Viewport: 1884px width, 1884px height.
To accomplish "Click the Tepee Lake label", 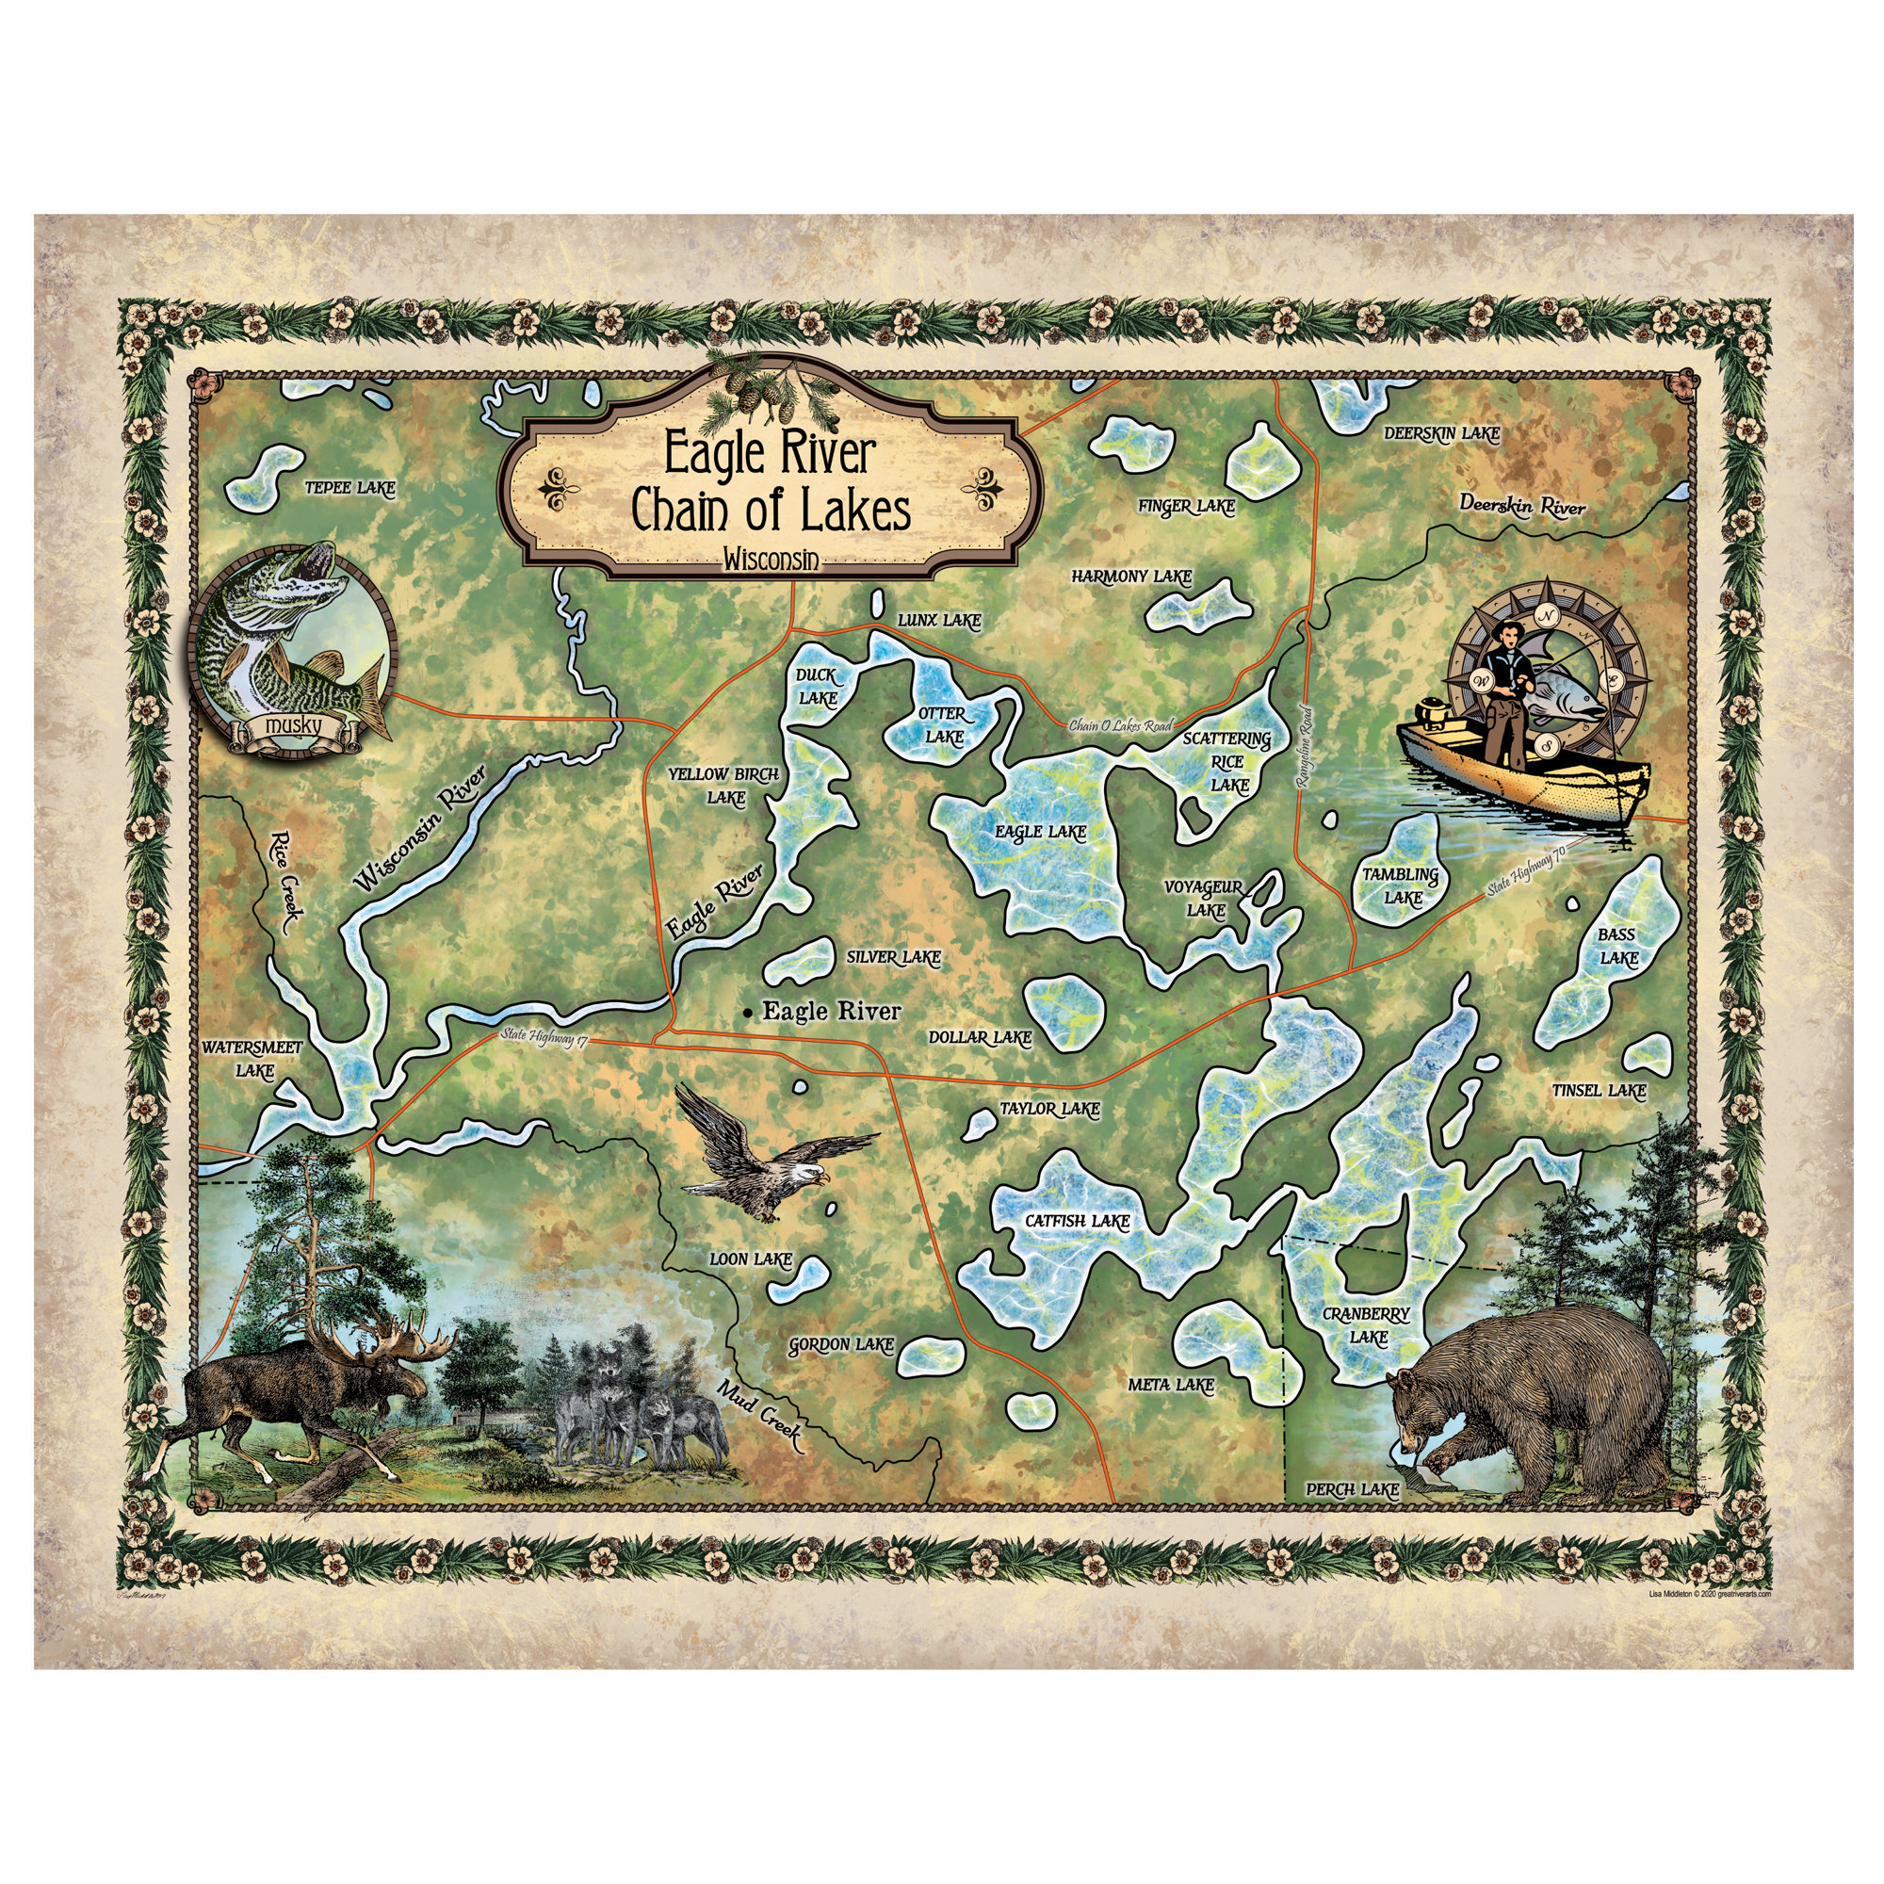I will click(x=350, y=488).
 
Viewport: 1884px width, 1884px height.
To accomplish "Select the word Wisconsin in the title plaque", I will click(x=770, y=559).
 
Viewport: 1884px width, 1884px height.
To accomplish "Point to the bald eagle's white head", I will click(x=805, y=1175).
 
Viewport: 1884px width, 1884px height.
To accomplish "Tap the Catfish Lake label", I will click(x=1077, y=1221).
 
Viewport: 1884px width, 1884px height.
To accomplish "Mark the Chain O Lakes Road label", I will click(x=1119, y=725).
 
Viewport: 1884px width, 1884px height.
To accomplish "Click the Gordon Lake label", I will click(x=840, y=1346).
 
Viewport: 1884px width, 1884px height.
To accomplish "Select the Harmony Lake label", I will click(x=1131, y=577).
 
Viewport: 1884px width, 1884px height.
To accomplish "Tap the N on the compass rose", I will click(x=1546, y=616).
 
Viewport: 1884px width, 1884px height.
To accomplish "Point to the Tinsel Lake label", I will click(x=1599, y=1090).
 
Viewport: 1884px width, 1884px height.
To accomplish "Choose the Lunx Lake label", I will click(x=938, y=620).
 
